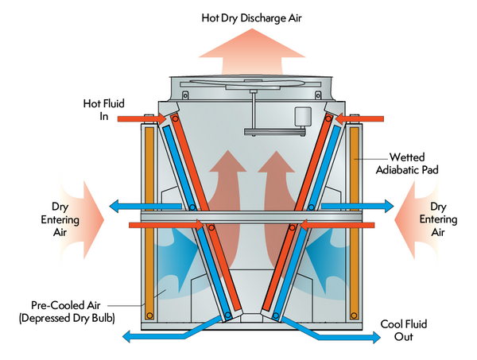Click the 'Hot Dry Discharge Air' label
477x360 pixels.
[x=251, y=18]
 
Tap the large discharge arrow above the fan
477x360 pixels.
[x=252, y=52]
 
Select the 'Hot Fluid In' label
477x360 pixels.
[x=104, y=110]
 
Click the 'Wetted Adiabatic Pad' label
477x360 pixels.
[x=407, y=163]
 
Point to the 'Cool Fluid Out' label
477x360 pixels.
[x=404, y=331]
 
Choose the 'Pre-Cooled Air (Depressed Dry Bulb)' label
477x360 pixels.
[x=67, y=312]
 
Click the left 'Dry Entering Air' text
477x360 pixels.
[x=60, y=219]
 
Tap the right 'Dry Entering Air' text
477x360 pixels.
[x=438, y=219]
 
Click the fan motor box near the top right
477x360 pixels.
[x=303, y=116]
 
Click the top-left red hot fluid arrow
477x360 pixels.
[x=142, y=118]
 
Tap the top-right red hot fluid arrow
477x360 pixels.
[x=359, y=118]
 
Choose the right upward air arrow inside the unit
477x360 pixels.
[x=275, y=210]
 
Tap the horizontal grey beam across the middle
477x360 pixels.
[x=251, y=216]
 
